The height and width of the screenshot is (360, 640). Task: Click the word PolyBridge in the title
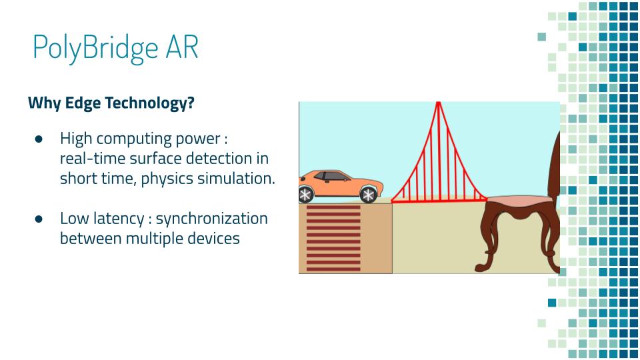pos(95,49)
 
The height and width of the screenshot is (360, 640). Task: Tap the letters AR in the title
pos(181,47)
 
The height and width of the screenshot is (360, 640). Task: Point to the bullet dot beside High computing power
pos(39,139)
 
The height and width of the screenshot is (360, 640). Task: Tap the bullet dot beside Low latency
pos(39,219)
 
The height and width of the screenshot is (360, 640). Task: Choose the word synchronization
pos(212,219)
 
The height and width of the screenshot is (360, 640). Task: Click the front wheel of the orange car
pos(368,195)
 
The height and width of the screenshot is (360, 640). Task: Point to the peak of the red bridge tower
pos(439,103)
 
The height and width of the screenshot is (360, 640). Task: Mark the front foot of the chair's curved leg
pos(481,268)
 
